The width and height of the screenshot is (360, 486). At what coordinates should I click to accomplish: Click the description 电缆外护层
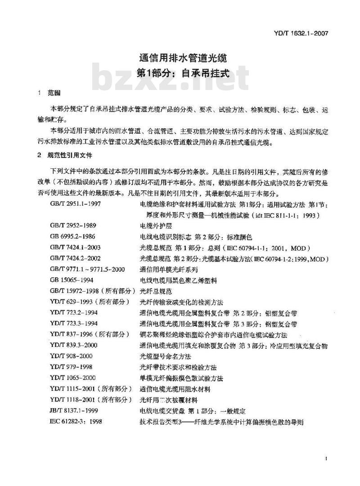[155, 225]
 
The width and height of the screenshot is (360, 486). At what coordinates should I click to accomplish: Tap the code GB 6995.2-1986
[72, 236]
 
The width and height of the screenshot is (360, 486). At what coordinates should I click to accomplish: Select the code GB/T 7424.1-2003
[75, 247]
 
